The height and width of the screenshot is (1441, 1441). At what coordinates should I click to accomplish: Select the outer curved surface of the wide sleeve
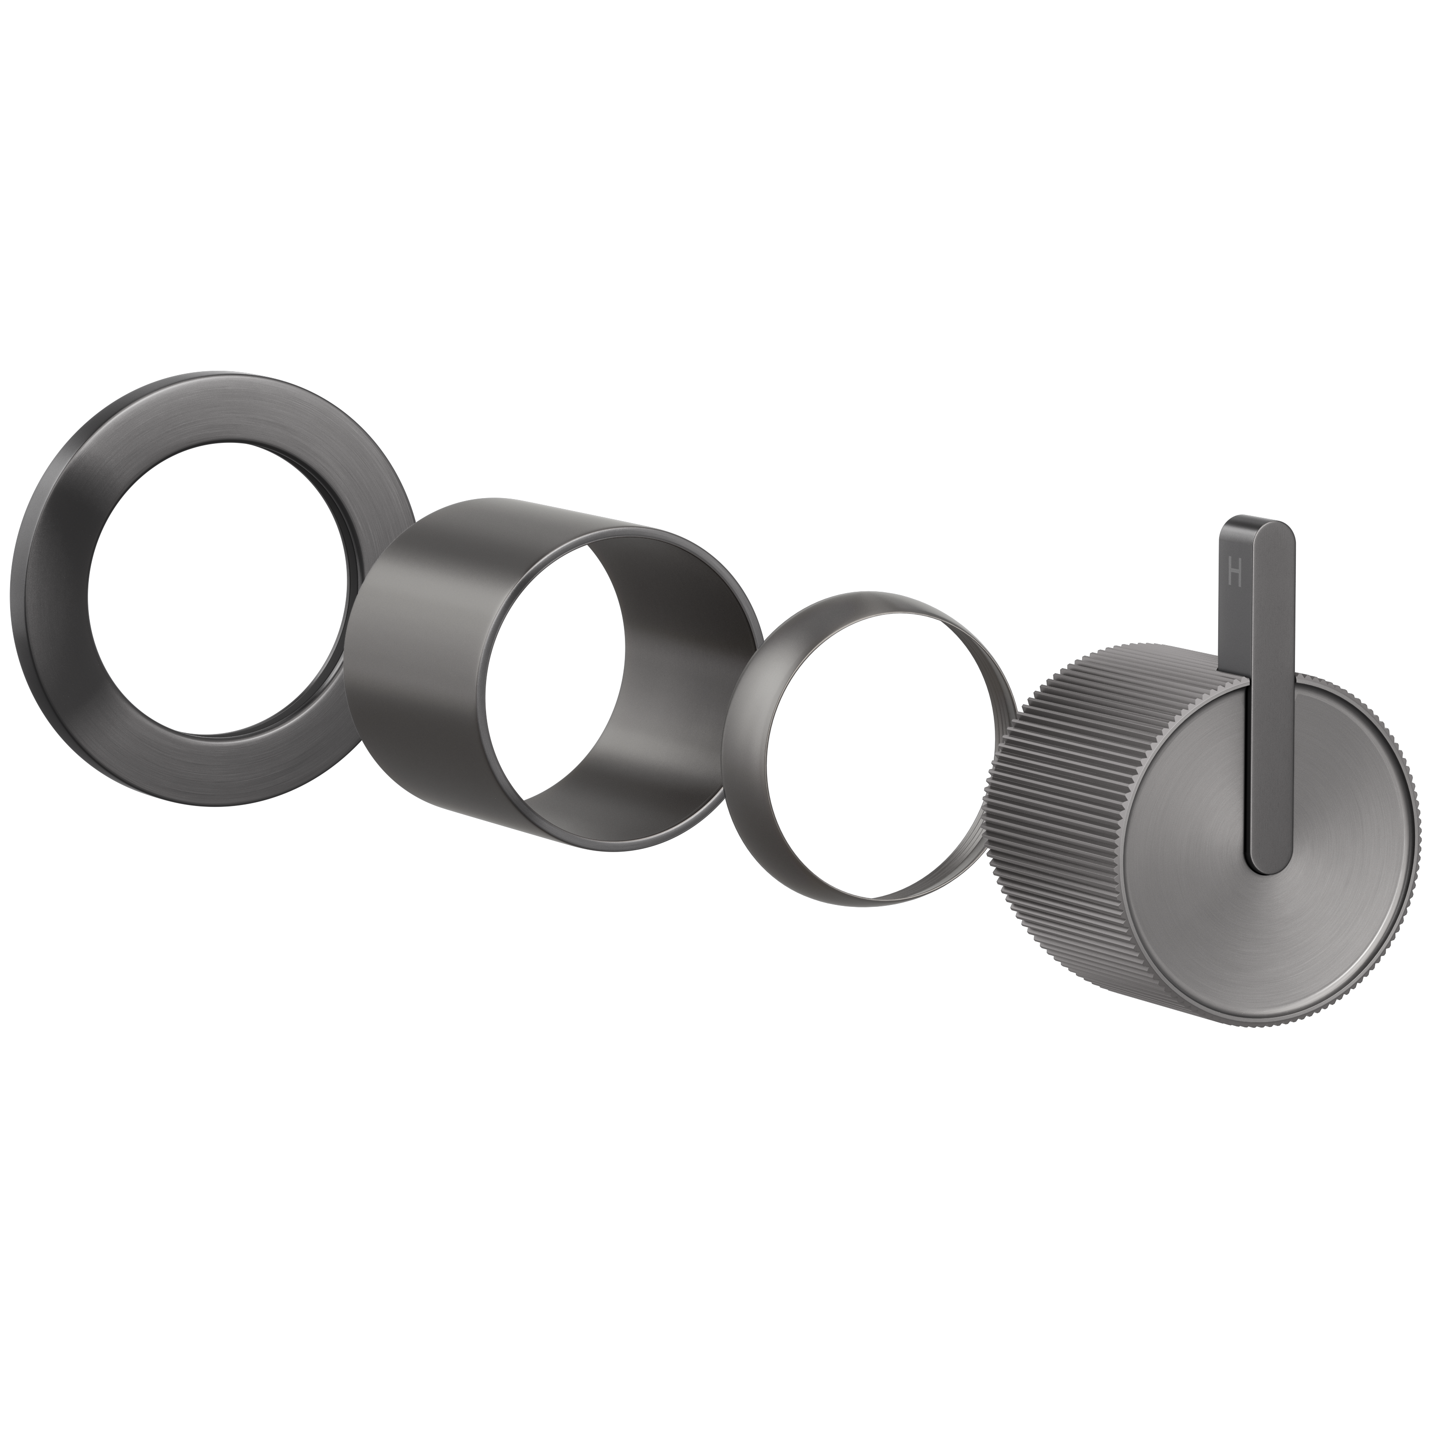[x=418, y=634]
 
